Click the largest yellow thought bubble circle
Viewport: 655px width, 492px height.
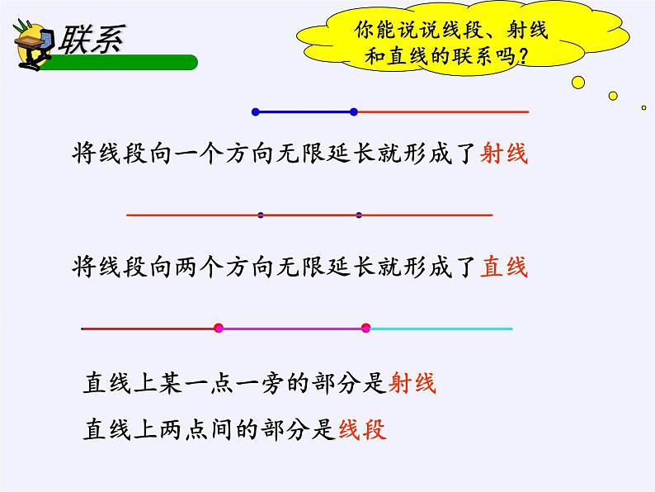pyautogui.click(x=578, y=82)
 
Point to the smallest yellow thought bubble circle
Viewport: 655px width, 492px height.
pyautogui.click(x=643, y=107)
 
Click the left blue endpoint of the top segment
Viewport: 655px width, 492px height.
pyautogui.click(x=255, y=111)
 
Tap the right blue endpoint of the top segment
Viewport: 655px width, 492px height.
pyautogui.click(x=353, y=111)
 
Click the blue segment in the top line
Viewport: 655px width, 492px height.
pyautogui.click(x=304, y=111)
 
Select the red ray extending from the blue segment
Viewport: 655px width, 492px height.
pyautogui.click(x=441, y=111)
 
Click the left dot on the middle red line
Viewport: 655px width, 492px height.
pyautogui.click(x=261, y=215)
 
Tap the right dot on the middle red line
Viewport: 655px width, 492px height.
pyautogui.click(x=359, y=215)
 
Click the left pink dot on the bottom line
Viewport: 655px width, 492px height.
pyautogui.click(x=219, y=329)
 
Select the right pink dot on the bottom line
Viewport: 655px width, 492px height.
pyautogui.click(x=366, y=329)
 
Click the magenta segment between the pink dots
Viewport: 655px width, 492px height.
pyautogui.click(x=292, y=329)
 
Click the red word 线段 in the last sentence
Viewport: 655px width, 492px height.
pyautogui.click(x=362, y=429)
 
